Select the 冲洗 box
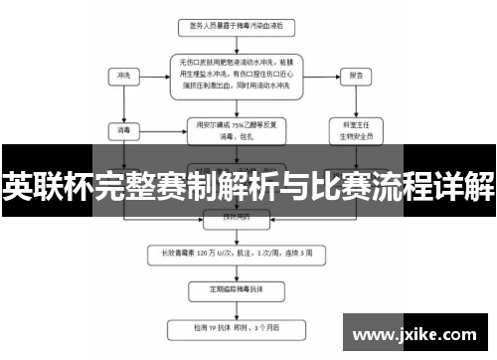click(123, 75)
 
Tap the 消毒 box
click(123, 128)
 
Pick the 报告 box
click(356, 75)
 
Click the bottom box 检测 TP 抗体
click(237, 325)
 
